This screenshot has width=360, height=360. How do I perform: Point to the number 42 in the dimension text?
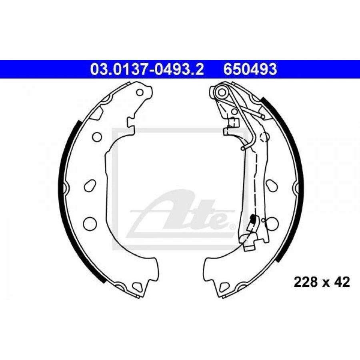pyautogui.click(x=342, y=282)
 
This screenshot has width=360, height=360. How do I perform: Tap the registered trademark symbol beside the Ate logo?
pyautogui.click(x=232, y=226)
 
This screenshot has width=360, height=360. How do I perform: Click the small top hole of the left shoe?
pyautogui.click(x=140, y=92)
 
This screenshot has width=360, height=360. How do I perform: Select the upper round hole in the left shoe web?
pyautogui.click(x=97, y=137)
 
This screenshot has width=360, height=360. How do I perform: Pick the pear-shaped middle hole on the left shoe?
pyautogui.click(x=90, y=186)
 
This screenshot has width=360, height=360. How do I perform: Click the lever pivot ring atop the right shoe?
pyautogui.click(x=220, y=92)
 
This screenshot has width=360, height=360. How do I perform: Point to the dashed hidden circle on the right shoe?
pyautogui.click(x=264, y=137)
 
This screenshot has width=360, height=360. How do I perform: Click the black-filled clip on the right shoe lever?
pyautogui.click(x=253, y=219)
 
